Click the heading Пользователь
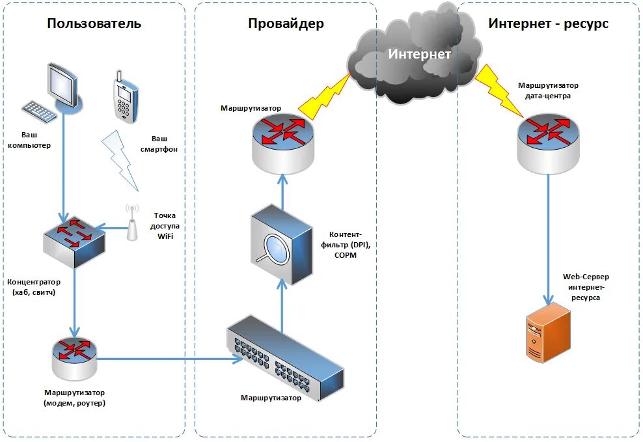tap(94, 24)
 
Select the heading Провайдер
tap(286, 24)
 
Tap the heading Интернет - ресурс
tap(549, 24)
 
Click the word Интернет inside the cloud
tap(419, 54)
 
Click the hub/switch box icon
tap(74, 242)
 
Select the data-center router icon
tap(547, 140)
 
